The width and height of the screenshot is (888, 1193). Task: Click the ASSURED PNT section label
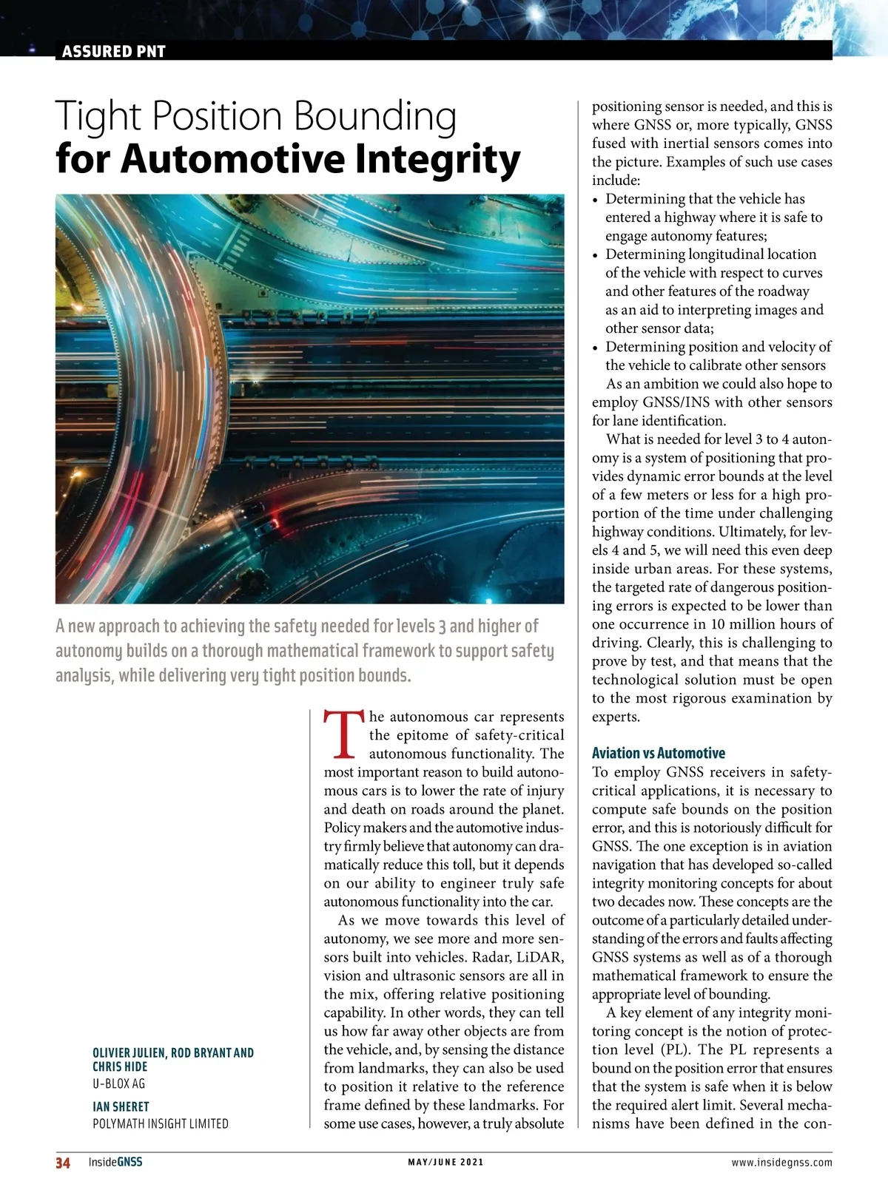point(113,51)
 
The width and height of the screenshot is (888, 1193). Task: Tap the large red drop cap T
point(344,735)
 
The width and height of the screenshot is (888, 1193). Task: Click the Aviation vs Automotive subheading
point(658,753)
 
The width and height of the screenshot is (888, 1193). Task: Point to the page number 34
point(63,1163)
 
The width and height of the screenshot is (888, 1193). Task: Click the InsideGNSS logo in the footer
point(115,1162)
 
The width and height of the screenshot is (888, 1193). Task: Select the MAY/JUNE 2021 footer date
point(445,1162)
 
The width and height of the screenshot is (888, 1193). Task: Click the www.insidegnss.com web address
point(781,1162)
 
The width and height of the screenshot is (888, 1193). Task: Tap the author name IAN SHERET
point(121,1106)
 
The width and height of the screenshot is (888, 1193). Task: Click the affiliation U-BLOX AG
point(118,1084)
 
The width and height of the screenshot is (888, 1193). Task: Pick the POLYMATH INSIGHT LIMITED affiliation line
point(160,1123)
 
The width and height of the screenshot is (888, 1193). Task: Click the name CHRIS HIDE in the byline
point(120,1067)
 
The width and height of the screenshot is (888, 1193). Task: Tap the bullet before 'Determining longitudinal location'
point(596,255)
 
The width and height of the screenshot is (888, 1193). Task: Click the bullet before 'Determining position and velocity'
point(596,348)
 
